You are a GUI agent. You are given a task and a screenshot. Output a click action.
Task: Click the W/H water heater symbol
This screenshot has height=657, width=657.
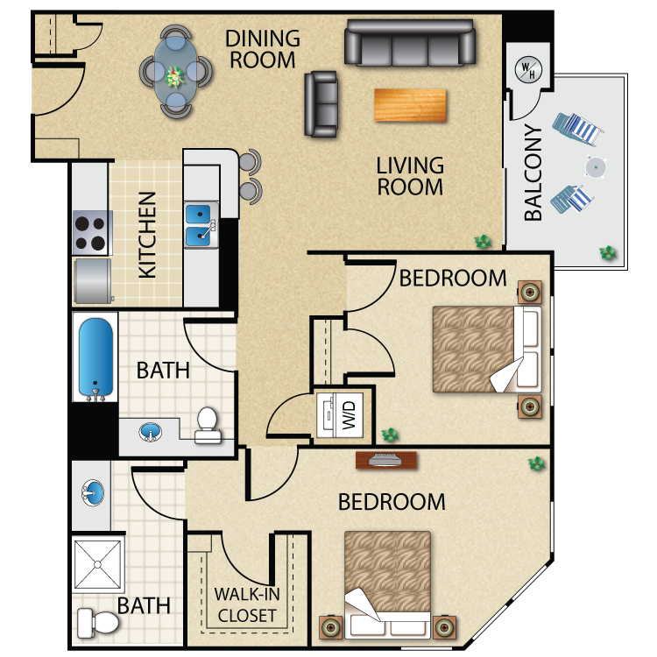coord(528,69)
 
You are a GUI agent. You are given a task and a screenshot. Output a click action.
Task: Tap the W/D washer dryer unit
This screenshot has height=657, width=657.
coord(340,415)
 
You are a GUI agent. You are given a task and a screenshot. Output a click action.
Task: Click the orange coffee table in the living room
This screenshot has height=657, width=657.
coord(410,105)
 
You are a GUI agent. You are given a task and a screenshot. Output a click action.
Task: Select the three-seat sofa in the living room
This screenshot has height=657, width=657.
coord(410,43)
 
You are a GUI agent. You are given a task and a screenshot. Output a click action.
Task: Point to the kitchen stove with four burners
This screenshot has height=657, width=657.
coord(90,233)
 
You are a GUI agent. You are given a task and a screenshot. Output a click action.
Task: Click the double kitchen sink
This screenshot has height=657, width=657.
coord(201,225)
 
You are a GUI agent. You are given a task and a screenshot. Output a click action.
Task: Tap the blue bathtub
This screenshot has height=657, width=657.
coord(95,357)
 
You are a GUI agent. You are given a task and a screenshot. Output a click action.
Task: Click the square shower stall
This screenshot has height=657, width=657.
coord(97,564)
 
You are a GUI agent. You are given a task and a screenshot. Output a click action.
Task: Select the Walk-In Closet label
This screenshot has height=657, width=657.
coord(247,604)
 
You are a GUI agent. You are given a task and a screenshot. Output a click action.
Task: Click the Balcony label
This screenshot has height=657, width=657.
coord(533,173)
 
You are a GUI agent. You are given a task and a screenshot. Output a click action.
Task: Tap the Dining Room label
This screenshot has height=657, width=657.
coord(263,49)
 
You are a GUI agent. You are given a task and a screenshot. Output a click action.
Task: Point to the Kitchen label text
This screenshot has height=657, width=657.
coord(147,235)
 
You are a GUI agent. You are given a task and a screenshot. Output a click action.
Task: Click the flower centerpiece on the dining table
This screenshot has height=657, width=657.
coord(174,77)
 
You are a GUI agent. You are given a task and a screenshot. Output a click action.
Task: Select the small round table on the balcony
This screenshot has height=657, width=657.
coord(596,167)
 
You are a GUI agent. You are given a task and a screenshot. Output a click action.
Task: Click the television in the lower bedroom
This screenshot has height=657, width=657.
coord(386,460)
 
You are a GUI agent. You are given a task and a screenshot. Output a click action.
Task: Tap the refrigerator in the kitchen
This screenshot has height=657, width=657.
coord(93,280)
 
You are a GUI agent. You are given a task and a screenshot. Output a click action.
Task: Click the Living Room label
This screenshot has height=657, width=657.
coord(410,176)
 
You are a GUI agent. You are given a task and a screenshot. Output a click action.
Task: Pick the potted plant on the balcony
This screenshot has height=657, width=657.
coord(608,252)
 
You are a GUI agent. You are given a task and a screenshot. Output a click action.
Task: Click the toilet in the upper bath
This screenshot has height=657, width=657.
coord(208,425)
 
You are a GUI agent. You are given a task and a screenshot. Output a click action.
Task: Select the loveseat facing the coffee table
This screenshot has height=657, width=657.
coord(321,104)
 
